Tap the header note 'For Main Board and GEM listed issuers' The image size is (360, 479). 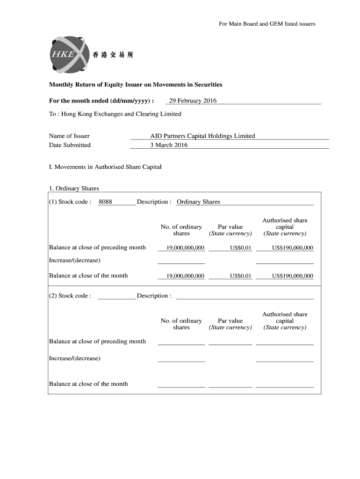267,23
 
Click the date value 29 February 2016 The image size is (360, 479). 193,101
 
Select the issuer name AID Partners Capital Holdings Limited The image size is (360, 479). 202,136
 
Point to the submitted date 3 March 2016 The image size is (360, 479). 169,145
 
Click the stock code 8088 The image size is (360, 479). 105,202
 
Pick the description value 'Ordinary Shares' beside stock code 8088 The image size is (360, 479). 198,202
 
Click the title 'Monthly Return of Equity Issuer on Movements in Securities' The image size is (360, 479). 136,85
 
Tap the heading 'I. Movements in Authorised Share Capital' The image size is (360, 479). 105,167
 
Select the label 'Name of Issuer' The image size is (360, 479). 69,136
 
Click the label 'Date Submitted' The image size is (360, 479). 70,145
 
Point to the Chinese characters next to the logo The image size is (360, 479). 113,55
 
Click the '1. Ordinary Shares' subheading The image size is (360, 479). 74,189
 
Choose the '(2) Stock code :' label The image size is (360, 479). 70,296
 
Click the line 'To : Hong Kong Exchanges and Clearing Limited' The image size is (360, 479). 115,114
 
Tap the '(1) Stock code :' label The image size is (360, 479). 70,202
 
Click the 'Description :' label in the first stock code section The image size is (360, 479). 154,202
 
